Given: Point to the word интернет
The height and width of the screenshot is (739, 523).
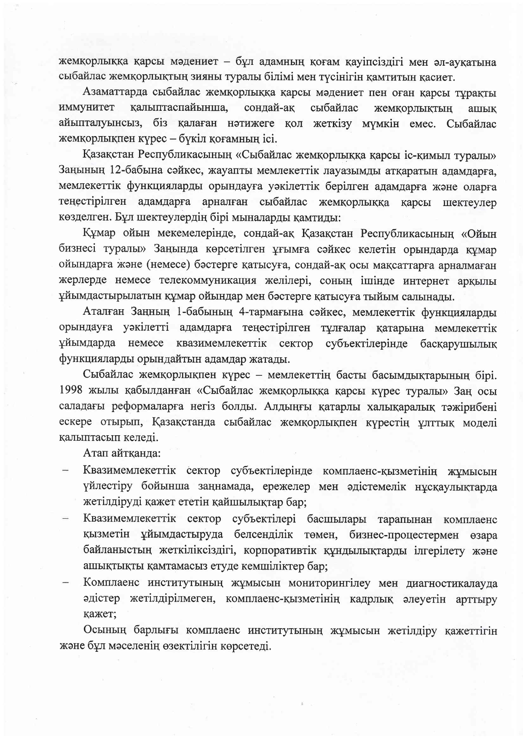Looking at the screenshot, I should coord(427,281).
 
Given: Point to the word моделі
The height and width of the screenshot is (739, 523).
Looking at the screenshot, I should coord(480,422).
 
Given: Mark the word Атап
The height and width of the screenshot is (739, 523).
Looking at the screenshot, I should coord(95,453).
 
